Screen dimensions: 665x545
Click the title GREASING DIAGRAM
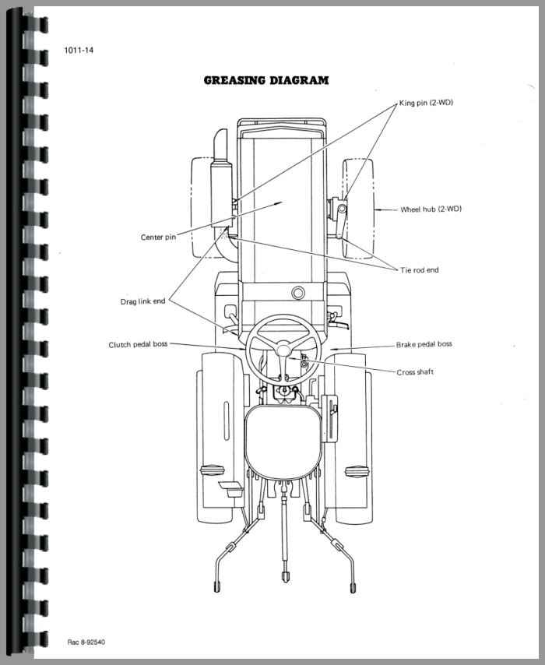point(265,80)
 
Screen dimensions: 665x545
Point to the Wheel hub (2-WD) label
point(431,209)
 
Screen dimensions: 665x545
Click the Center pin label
point(158,237)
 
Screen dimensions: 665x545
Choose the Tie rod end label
point(420,270)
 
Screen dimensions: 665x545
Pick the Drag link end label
point(142,301)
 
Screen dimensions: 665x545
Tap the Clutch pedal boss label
point(138,344)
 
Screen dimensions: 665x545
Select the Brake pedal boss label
point(424,343)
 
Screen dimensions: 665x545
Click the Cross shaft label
point(415,372)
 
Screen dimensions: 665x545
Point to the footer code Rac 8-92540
point(87,642)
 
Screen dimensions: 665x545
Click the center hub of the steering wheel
point(283,350)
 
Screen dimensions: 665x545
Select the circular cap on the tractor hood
point(297,293)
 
